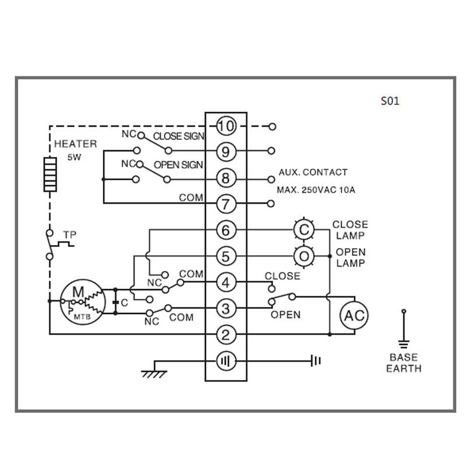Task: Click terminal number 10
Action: [225, 126]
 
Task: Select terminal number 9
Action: [225, 152]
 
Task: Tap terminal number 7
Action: [225, 204]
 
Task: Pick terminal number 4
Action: [225, 283]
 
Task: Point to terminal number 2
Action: [225, 334]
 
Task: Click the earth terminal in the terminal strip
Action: [225, 361]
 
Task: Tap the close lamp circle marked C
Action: [304, 230]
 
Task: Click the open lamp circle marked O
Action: [304, 256]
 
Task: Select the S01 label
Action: [390, 101]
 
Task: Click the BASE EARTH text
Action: [403, 363]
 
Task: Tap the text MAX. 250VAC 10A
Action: [316, 190]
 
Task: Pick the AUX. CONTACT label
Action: [312, 172]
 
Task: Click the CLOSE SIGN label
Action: [178, 137]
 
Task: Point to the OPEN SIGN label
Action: [178, 165]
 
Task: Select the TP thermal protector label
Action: [69, 235]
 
